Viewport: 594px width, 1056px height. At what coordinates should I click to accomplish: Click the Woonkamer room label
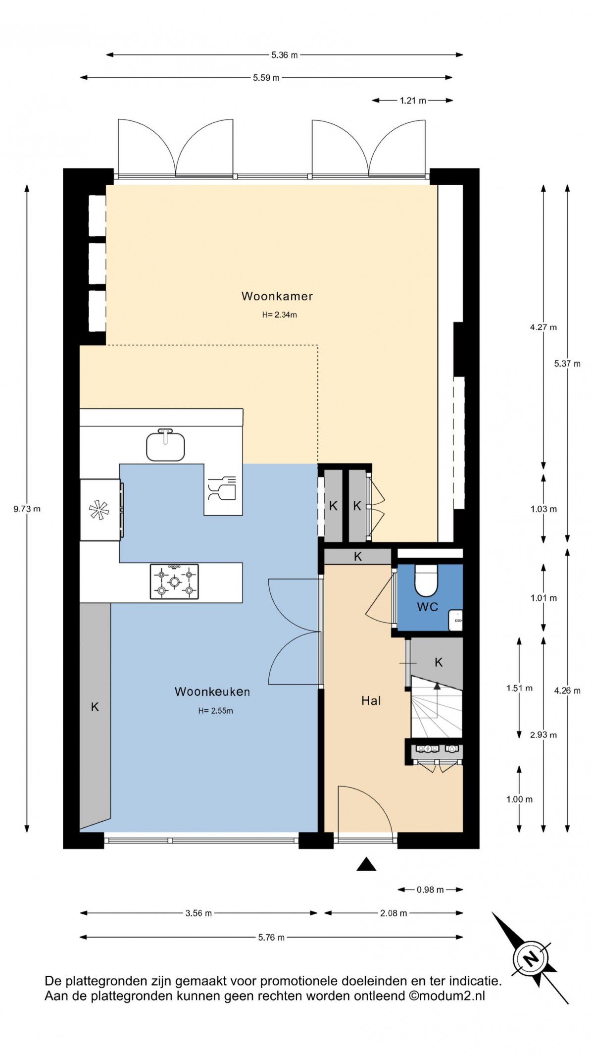pos(277,296)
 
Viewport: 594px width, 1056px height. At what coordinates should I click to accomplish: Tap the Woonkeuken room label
pos(212,691)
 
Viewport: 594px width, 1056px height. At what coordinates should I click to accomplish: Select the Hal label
pos(371,700)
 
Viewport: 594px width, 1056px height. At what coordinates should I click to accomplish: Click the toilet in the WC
pos(426,581)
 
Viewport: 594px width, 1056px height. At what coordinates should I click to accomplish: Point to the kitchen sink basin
pos(165,446)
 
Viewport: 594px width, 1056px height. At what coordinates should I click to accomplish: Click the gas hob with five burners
pos(174,581)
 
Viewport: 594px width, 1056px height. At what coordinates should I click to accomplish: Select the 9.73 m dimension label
pos(27,509)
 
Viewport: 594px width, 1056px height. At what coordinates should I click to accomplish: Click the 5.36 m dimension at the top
pos(284,55)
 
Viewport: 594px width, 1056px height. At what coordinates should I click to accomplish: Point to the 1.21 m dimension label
pos(413,101)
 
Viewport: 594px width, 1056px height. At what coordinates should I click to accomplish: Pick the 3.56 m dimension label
pos(198,913)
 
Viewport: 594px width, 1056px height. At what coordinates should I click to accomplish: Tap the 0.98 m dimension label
pos(430,890)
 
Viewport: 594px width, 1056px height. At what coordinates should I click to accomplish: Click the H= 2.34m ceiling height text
pos(279,315)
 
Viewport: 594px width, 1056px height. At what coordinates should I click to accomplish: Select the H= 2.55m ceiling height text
pos(215,711)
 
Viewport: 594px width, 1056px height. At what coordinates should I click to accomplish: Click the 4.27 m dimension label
pos(543,327)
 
